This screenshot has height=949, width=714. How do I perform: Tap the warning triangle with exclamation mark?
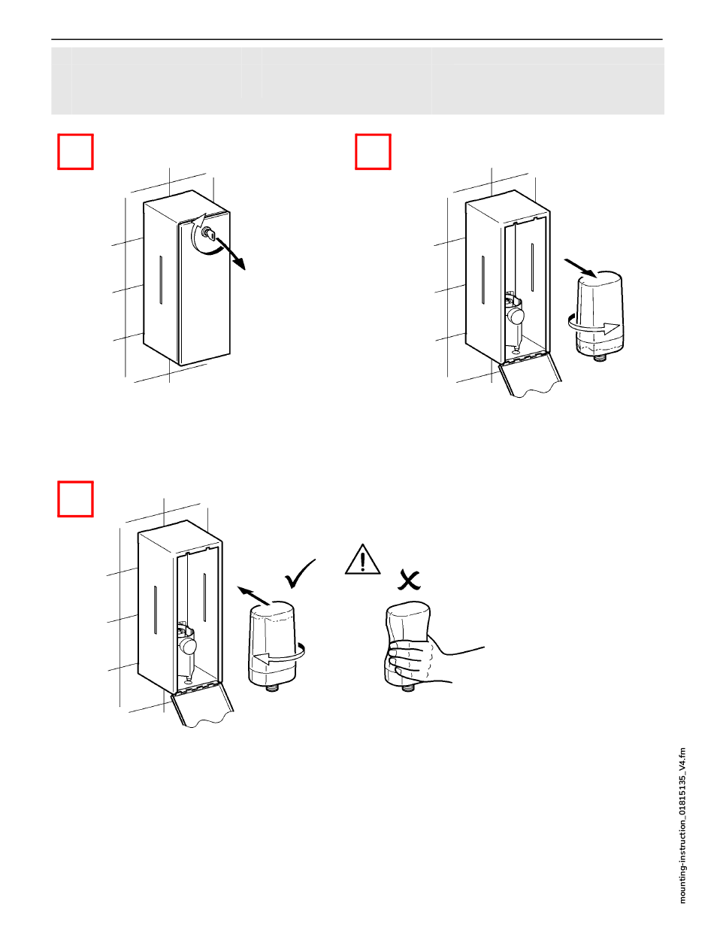(363, 559)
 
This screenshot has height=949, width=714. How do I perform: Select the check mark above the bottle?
(300, 573)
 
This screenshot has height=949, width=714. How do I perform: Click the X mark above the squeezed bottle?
(409, 580)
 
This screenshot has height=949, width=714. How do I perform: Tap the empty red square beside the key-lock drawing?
(75, 152)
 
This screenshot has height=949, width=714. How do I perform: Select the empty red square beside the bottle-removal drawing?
(373, 152)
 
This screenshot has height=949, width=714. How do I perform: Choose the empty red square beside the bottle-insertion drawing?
(75, 499)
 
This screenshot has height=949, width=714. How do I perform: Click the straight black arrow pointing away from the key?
(231, 253)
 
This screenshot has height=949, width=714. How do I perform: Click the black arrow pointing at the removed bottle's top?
(581, 268)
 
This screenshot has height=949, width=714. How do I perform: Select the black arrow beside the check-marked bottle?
(253, 596)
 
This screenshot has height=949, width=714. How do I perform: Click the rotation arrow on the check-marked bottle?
(279, 653)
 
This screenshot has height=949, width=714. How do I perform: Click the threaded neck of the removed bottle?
(599, 357)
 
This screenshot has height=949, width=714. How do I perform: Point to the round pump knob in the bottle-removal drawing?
(515, 316)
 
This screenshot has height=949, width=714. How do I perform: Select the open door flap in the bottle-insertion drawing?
(202, 703)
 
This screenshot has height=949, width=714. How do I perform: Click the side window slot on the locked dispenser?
(161, 280)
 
